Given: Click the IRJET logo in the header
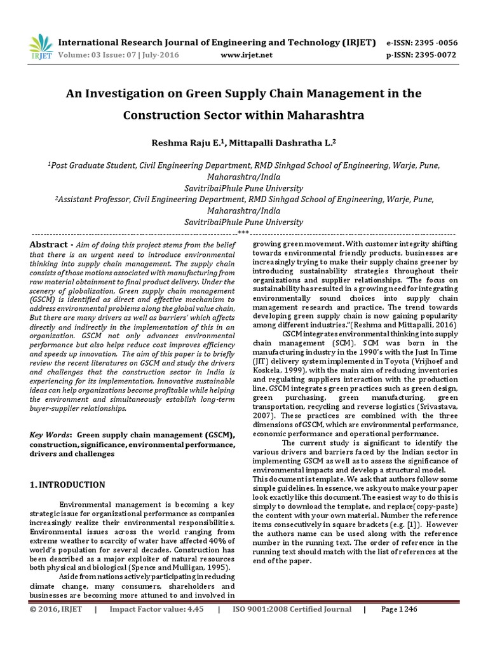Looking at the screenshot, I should click(40, 46).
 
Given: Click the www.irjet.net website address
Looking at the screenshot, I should click(246, 55).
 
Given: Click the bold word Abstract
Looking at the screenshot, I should click(48, 245).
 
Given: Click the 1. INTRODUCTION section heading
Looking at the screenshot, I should click(67, 484).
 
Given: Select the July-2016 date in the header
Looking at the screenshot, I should click(158, 55).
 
